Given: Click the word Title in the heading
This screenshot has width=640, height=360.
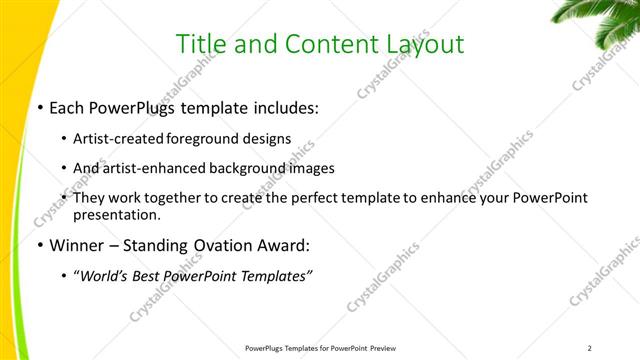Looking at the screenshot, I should [199, 44].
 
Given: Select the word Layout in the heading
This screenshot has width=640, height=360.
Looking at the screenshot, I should [424, 44].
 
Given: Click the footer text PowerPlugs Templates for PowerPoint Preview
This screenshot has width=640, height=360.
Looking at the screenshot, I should [319, 348].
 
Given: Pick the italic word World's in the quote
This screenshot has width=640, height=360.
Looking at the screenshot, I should [110, 275].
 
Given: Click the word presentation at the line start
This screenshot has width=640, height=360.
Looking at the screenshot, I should [116, 214].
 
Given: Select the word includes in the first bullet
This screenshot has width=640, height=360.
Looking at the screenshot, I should [285, 108].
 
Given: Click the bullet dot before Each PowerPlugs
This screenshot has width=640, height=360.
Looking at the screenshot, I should [39, 108].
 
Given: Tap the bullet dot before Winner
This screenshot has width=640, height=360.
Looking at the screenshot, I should [39, 246].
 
